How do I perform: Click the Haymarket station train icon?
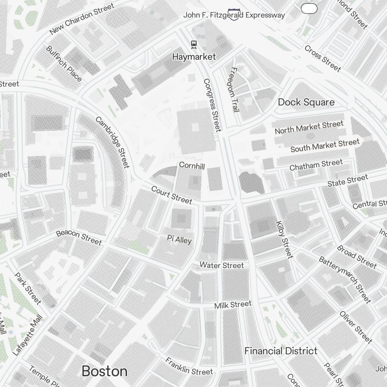tap(193, 45)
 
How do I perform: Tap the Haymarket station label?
tap(194, 57)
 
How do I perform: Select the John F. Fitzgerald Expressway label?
tap(234, 15)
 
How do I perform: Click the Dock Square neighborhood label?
tap(306, 102)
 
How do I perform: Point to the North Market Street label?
tap(309, 127)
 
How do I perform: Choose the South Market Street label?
tap(325, 146)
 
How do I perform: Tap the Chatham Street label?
tap(316, 165)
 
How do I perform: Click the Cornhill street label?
tap(192, 165)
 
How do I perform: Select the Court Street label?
tap(171, 195)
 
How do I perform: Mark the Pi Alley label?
tap(179, 240)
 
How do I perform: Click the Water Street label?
tap(222, 265)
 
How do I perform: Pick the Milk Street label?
tap(233, 305)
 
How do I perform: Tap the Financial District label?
tap(281, 351)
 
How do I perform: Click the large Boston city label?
tap(104, 371)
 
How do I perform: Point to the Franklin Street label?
tap(189, 366)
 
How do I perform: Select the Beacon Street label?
tap(79, 238)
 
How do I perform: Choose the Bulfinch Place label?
tap(64, 64)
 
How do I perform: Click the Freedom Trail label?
tap(234, 89)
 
